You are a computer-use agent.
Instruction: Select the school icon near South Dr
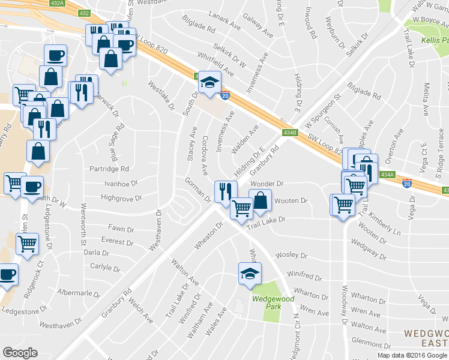(209, 82)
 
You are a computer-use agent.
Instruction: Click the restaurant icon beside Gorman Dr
(225, 191)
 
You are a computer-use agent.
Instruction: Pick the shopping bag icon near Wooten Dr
(260, 200)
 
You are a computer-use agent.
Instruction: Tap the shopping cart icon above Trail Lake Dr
(241, 208)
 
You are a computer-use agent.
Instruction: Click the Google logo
(20, 353)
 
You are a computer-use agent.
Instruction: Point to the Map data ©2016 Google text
(412, 355)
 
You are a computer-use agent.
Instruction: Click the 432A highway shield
(58, 4)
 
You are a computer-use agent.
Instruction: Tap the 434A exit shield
(387, 175)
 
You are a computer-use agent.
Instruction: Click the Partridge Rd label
(109, 169)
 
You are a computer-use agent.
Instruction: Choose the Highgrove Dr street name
(121, 197)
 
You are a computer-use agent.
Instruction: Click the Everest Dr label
(117, 241)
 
